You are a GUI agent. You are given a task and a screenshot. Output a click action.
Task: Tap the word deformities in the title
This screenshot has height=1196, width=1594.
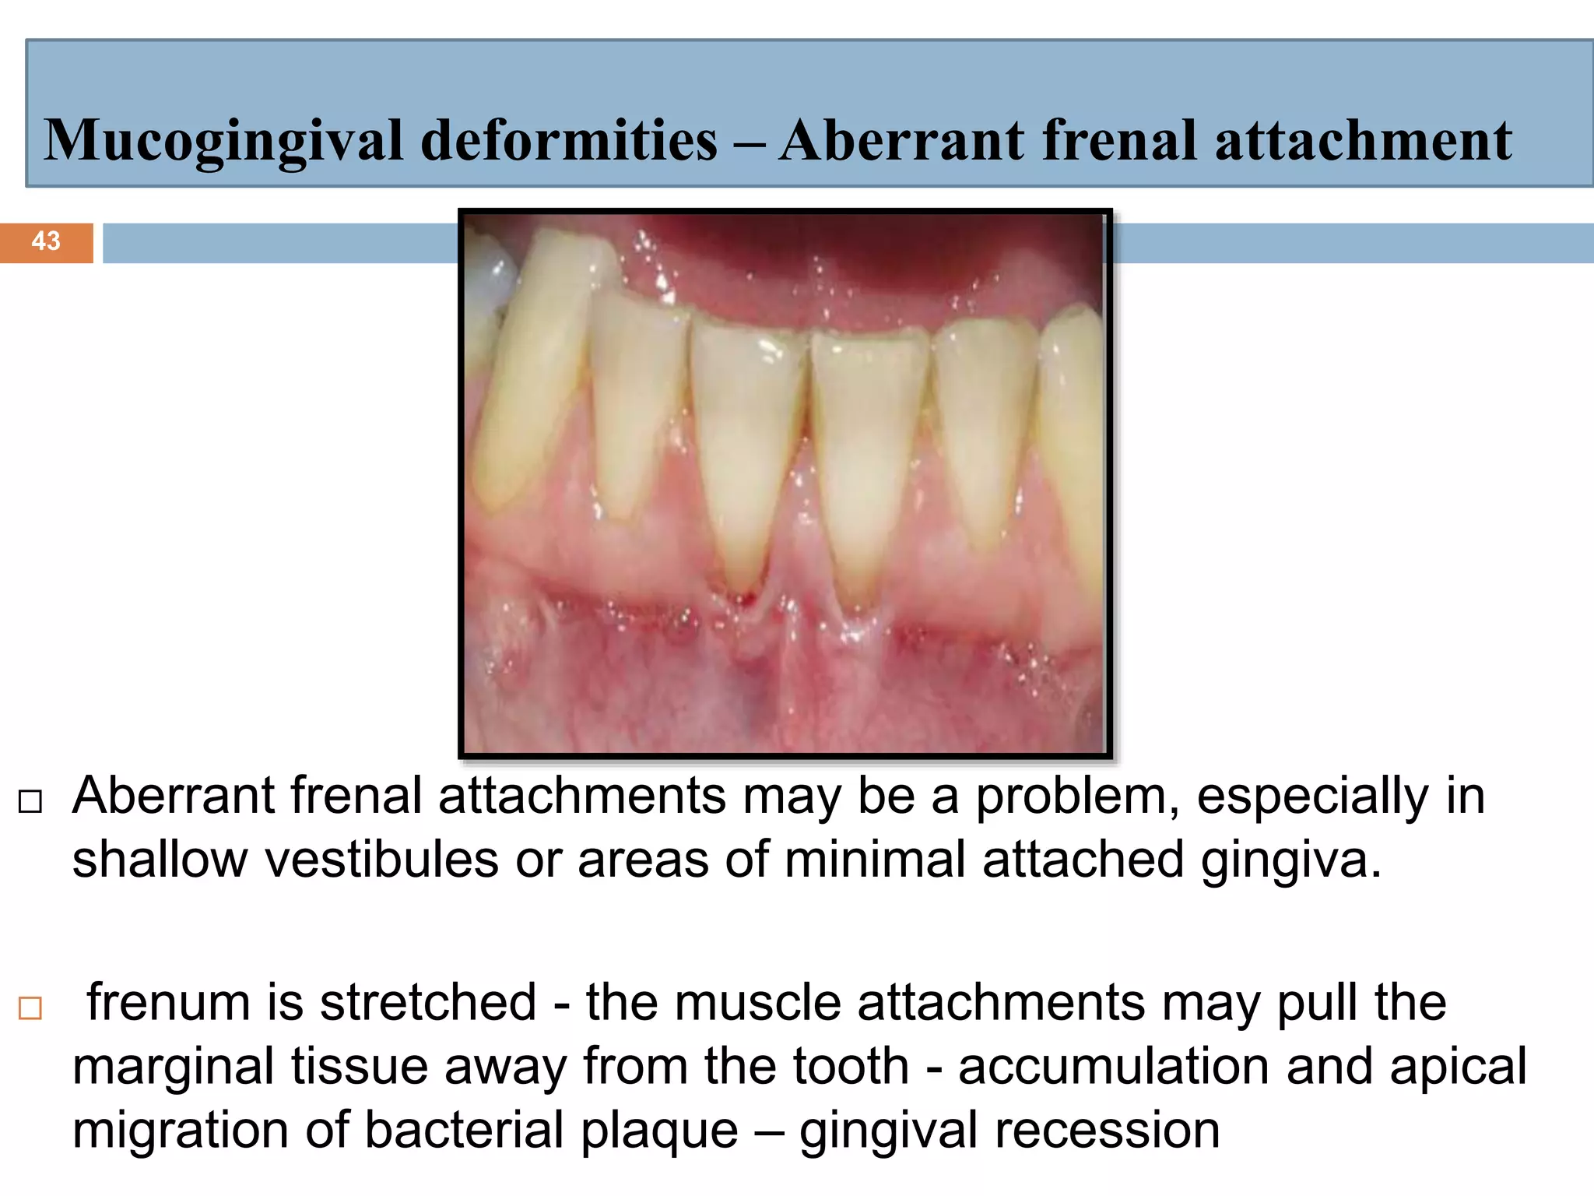[x=569, y=141]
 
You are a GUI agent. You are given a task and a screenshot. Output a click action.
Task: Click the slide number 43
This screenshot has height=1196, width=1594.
[x=46, y=241]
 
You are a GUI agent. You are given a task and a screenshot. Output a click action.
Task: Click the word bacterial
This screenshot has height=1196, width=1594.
[x=464, y=1131]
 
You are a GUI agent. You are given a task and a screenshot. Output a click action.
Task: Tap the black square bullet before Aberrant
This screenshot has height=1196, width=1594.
[x=30, y=802]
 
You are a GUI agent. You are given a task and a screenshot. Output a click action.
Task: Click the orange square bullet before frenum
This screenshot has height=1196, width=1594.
[x=30, y=1008]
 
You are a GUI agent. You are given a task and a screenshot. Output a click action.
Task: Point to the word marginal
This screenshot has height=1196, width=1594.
[x=173, y=1067]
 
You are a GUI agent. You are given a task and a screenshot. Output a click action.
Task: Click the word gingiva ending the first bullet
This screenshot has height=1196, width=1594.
[x=1290, y=860]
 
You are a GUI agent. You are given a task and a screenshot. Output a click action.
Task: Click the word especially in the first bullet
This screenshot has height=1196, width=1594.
[x=1312, y=797]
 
